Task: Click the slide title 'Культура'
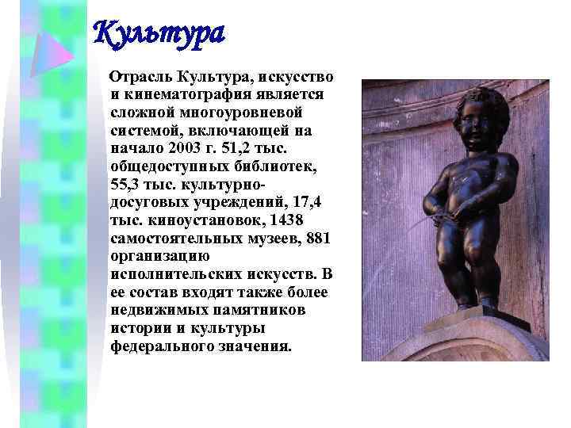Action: (159, 34)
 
